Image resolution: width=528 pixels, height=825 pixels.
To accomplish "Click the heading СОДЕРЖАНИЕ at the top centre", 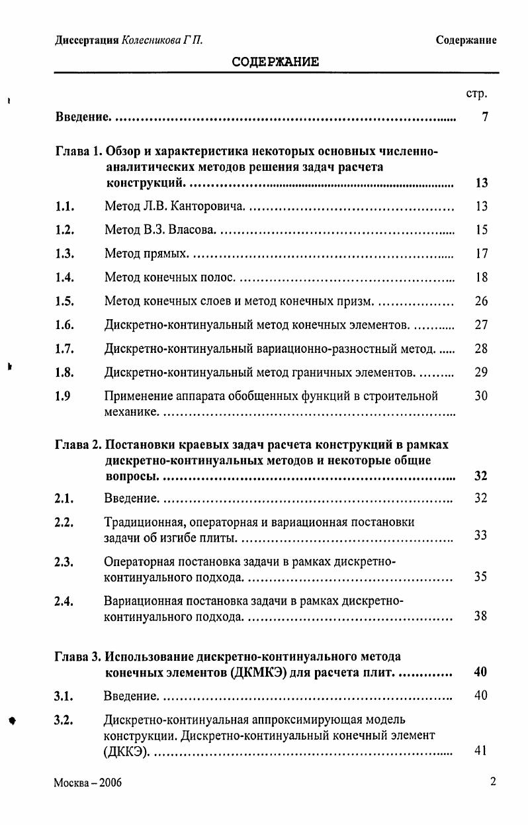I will [x=276, y=62].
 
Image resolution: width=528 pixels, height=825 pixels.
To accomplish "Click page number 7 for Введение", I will [x=485, y=117].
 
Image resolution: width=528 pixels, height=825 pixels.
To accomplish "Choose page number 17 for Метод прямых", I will [x=481, y=254].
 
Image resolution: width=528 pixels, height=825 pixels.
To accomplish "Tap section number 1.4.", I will [x=64, y=277].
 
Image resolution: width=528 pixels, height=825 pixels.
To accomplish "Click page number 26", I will [x=481, y=301].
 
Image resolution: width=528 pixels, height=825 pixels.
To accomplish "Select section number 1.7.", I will [x=64, y=348].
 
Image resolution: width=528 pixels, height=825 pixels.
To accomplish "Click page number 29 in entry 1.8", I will [x=481, y=372].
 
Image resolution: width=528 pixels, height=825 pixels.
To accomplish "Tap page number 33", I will [x=481, y=535].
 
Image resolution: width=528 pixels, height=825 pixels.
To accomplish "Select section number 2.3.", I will [x=64, y=563].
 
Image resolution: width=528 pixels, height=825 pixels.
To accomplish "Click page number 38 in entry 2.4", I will [x=481, y=616].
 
